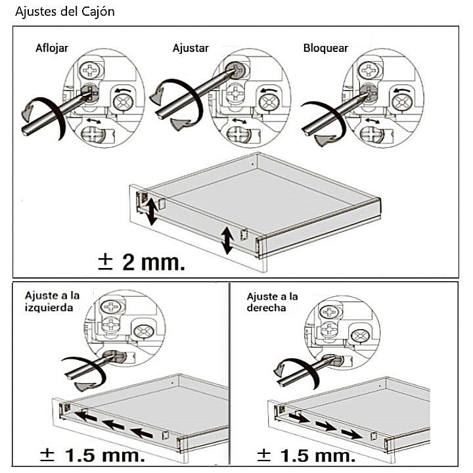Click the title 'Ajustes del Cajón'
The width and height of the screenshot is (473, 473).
(65, 12)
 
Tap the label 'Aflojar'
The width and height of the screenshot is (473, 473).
(52, 48)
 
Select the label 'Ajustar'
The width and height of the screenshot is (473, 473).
(191, 48)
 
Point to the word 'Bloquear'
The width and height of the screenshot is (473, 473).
(326, 48)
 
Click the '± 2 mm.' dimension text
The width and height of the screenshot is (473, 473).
(141, 262)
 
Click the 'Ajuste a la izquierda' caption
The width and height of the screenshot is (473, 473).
(52, 302)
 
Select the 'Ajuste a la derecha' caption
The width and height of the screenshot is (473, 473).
(273, 302)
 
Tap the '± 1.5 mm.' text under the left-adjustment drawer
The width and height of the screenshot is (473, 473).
(93, 455)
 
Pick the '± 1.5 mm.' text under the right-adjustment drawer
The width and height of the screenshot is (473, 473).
(306, 455)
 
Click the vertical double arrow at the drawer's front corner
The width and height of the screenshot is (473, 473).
(227, 241)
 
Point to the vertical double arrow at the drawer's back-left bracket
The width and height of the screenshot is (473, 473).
(152, 212)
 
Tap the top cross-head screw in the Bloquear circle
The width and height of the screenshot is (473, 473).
(369, 70)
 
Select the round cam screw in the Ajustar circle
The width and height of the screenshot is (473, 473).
(269, 102)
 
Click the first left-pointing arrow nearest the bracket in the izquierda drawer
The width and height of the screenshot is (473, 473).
(85, 417)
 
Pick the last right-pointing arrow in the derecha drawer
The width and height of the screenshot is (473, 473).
(352, 434)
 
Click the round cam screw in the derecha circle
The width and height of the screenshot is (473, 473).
(361, 336)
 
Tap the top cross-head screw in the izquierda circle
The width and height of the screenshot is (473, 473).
(112, 307)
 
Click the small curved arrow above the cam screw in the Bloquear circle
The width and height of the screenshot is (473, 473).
(401, 90)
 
